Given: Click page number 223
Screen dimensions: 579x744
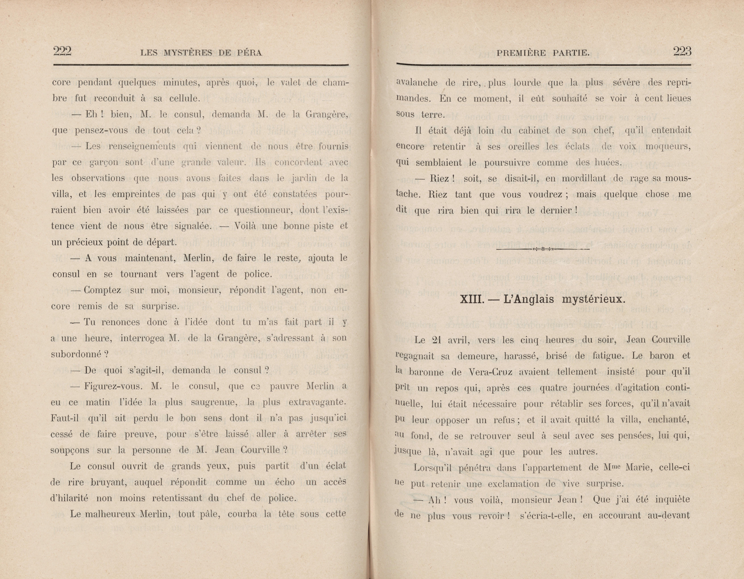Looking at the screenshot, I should (x=682, y=52).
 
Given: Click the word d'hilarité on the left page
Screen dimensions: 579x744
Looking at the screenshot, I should (x=69, y=498).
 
